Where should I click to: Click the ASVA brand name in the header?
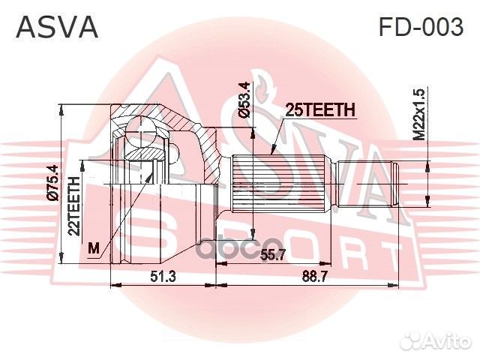point(57,26)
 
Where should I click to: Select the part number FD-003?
point(420,27)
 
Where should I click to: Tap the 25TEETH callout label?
point(319,110)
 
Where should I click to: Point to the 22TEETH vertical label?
point(75,206)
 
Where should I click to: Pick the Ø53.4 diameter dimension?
point(242,102)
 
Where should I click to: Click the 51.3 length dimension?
point(163,276)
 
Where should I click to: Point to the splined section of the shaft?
point(281,184)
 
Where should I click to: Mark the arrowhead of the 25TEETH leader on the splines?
point(272,154)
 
